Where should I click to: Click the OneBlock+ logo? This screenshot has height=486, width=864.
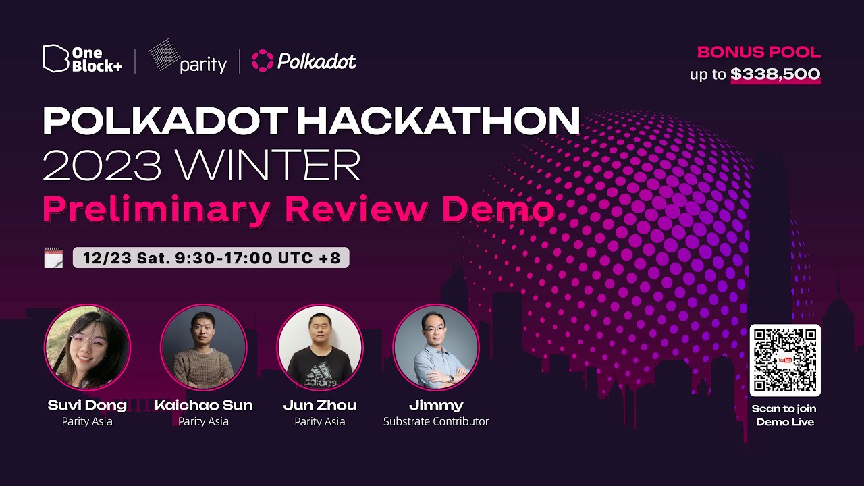point(82,59)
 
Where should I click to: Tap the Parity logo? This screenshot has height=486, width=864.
point(188,58)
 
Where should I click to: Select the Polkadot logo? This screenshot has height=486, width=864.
point(304,61)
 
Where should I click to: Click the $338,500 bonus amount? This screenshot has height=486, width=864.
point(776,74)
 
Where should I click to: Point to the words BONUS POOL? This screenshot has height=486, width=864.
point(759,52)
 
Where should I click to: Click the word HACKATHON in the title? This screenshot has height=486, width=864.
point(438,121)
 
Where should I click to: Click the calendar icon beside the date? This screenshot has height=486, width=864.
point(53,258)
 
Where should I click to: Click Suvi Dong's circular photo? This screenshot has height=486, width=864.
point(87,348)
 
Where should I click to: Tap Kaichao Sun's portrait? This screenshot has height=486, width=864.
point(203,348)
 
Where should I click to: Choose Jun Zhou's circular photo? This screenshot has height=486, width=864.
point(320,348)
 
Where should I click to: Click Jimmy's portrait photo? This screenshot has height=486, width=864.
point(436,348)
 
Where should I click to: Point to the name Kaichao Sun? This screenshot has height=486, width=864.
point(203,405)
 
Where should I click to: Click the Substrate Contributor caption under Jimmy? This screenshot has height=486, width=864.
point(436,421)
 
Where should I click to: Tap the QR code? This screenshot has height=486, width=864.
point(785,360)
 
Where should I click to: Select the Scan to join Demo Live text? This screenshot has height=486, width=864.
point(785,415)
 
